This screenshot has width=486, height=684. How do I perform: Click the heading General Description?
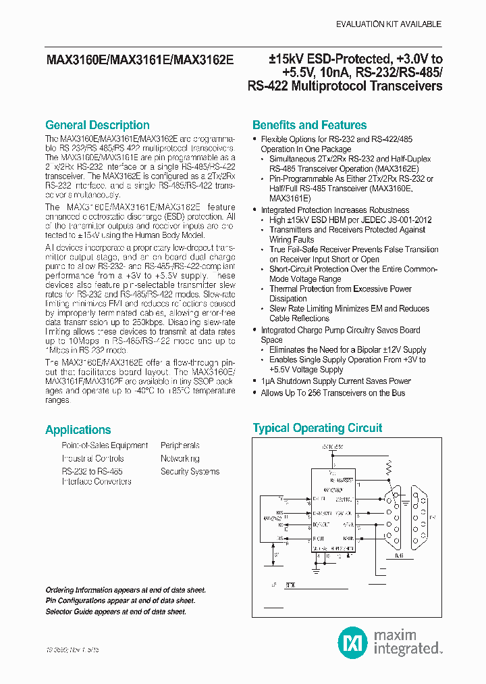97,125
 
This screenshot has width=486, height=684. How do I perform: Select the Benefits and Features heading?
309,125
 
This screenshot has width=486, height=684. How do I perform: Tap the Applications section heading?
78,430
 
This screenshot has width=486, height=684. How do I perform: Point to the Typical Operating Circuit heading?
317,428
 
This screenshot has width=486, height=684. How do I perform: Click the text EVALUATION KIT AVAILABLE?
388,24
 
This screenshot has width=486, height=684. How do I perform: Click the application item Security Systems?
190,471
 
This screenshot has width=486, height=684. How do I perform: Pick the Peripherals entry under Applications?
180,445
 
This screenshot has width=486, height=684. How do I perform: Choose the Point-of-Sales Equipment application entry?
105,445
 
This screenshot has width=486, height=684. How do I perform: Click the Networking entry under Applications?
180,458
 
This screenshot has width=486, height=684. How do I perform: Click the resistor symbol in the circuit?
387,466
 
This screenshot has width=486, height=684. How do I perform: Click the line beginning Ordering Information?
126,590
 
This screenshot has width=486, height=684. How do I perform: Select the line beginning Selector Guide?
115,612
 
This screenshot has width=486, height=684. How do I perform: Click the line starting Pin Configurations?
120,601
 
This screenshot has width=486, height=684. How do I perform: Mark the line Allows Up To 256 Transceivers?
333,393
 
